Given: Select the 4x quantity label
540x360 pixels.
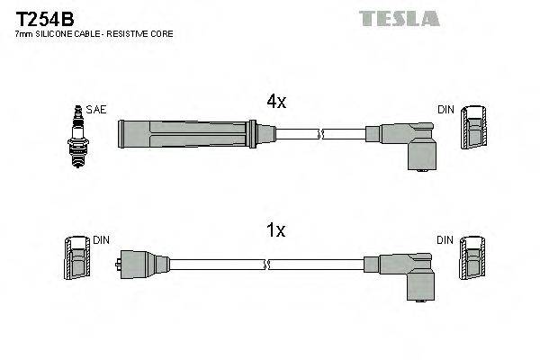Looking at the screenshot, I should [275, 103].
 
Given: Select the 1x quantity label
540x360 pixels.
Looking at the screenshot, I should [275, 231].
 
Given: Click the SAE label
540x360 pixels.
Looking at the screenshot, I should [97, 110].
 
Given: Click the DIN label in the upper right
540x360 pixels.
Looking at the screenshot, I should [445, 110].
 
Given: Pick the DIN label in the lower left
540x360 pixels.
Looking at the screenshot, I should [101, 240].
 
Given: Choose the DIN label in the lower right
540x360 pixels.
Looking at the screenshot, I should [445, 240].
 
